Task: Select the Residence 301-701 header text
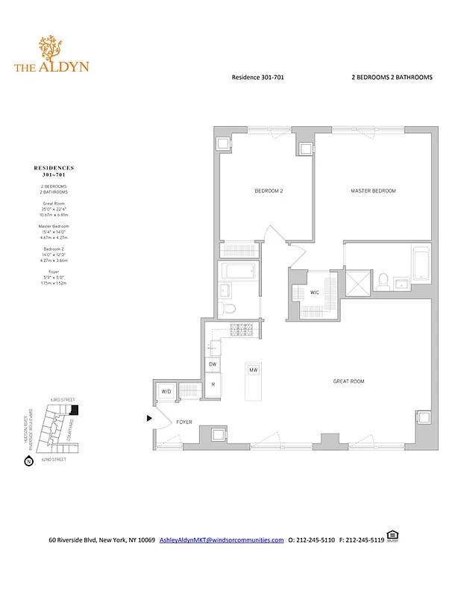tap(258, 77)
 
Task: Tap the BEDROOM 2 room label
tap(269, 191)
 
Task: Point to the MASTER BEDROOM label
tap(373, 191)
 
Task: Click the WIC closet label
tap(315, 293)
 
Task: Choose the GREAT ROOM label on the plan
tap(348, 381)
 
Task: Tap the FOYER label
tap(184, 422)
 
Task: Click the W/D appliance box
tap(165, 391)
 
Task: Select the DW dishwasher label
tap(213, 364)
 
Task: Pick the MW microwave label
tap(254, 369)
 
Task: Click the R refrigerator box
tap(213, 385)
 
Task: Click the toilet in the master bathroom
tap(383, 280)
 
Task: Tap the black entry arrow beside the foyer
tap(150, 418)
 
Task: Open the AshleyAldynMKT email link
tap(222, 540)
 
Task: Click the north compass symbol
tap(28, 460)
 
